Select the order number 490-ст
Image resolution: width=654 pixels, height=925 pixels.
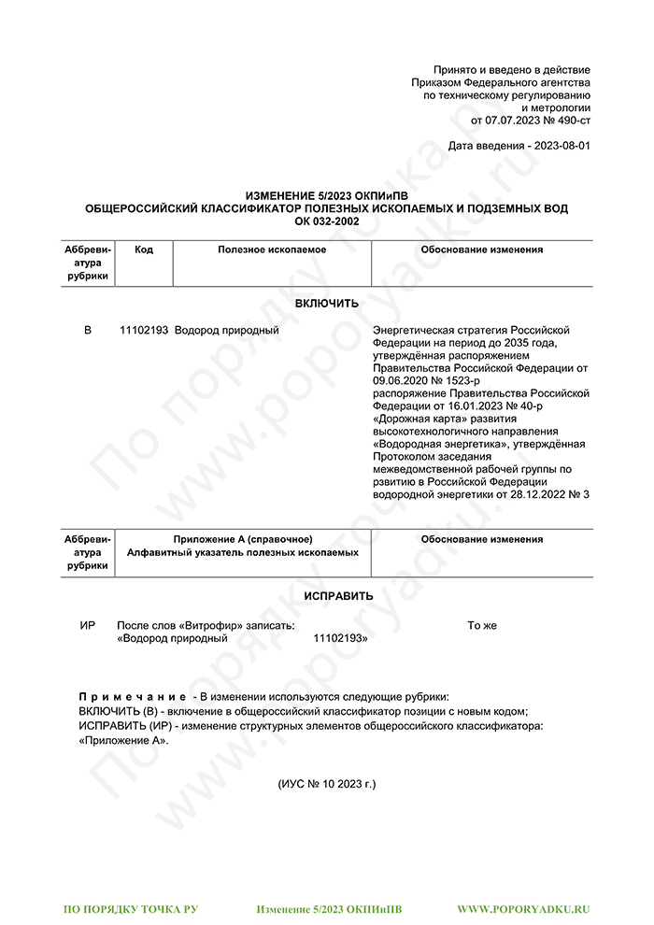pos(571,121)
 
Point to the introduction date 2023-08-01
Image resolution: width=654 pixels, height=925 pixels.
pos(561,147)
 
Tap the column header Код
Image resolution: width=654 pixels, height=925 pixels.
pos(144,249)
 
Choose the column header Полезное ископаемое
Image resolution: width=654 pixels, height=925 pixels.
pos(272,249)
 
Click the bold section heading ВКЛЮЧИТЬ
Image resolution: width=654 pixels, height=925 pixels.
pos(326,304)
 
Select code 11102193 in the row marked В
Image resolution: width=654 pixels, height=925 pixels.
pos(144,331)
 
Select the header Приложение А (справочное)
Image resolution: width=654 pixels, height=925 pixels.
pos(243,539)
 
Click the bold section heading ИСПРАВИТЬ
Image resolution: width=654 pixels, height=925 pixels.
pos(338,596)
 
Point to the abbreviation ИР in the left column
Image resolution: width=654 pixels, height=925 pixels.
pos(88,625)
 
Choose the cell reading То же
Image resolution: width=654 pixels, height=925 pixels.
pos(482,625)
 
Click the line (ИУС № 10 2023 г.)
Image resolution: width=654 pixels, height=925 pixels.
pos(327,784)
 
